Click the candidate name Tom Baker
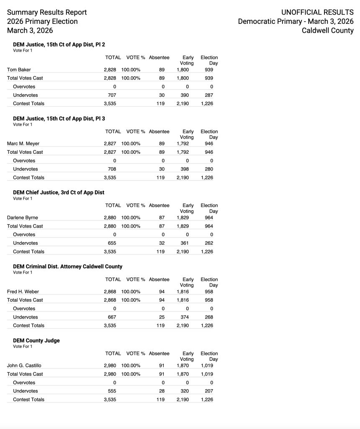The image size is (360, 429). pos(19,70)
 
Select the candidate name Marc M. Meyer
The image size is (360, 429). pos(23,144)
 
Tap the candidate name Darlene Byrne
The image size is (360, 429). pos(23,217)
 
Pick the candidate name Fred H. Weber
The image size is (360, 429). pos(23,292)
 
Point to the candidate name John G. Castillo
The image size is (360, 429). pos(24,366)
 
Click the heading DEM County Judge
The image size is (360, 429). pos(36,341)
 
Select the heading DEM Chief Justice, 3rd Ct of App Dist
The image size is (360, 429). pos(59,192)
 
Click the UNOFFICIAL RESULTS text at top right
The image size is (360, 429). pos(317,13)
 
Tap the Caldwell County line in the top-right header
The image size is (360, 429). pos(327,31)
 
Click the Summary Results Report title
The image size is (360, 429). pos(47,13)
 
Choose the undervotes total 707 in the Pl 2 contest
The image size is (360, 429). pos(112,95)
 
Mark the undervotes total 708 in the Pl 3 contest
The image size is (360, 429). pos(112,169)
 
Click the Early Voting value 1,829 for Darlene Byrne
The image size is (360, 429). pos(183,217)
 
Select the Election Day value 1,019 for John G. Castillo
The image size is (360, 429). pos(207,366)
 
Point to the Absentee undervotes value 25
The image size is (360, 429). pos(162,317)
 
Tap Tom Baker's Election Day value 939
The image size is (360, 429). pos(209,70)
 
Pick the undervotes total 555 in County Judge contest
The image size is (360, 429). pos(112,391)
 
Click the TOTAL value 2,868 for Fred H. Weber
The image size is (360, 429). pos(110,292)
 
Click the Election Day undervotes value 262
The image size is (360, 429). pos(209,243)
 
